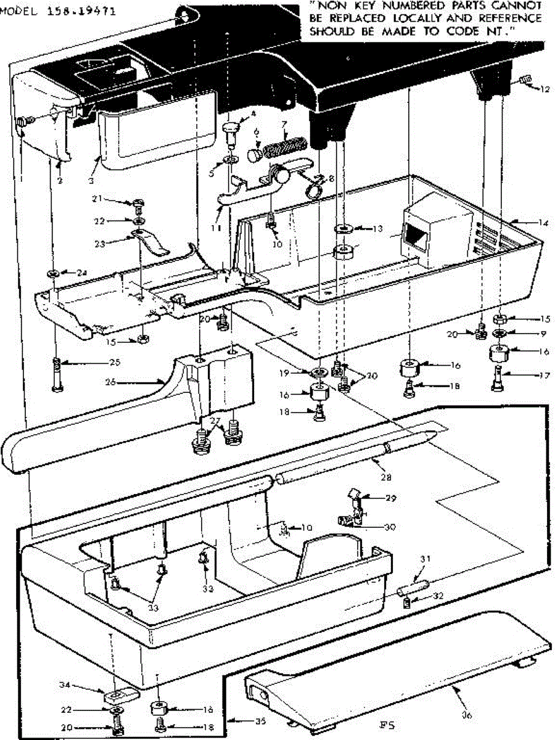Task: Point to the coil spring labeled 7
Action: tap(286, 149)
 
